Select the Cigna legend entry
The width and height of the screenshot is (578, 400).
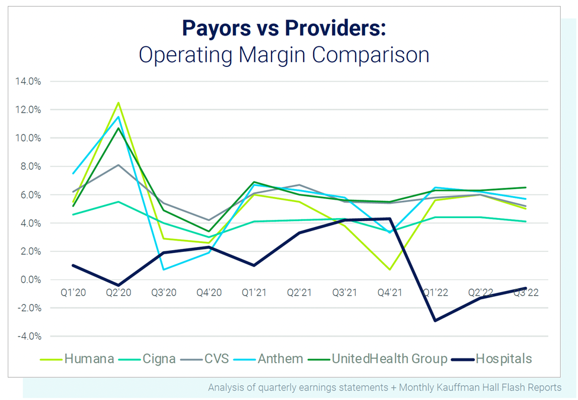157,359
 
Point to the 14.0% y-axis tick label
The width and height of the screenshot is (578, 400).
28,81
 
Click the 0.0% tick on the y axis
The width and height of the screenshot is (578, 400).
30,280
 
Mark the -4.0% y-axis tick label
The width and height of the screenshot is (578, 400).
29,336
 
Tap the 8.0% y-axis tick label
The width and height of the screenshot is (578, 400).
30,167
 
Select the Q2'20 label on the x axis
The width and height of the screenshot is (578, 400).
118,293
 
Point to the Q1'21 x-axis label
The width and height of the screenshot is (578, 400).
254,293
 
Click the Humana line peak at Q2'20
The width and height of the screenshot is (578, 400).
119,103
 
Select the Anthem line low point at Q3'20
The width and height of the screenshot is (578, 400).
164,270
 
